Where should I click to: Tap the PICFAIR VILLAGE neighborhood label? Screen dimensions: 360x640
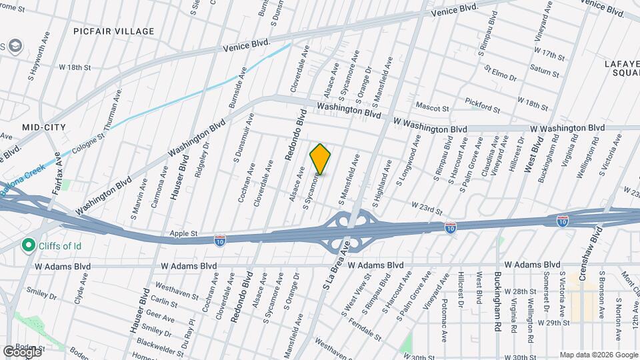(x=114, y=31)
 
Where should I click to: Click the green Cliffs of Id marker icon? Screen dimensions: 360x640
(x=28, y=246)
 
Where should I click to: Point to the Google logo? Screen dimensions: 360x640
(x=21, y=351)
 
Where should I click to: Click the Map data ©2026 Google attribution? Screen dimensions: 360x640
(x=598, y=354)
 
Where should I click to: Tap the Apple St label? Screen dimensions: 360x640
(x=184, y=234)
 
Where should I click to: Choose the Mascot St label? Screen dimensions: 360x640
(x=433, y=107)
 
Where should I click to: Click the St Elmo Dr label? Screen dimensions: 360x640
(x=501, y=73)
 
